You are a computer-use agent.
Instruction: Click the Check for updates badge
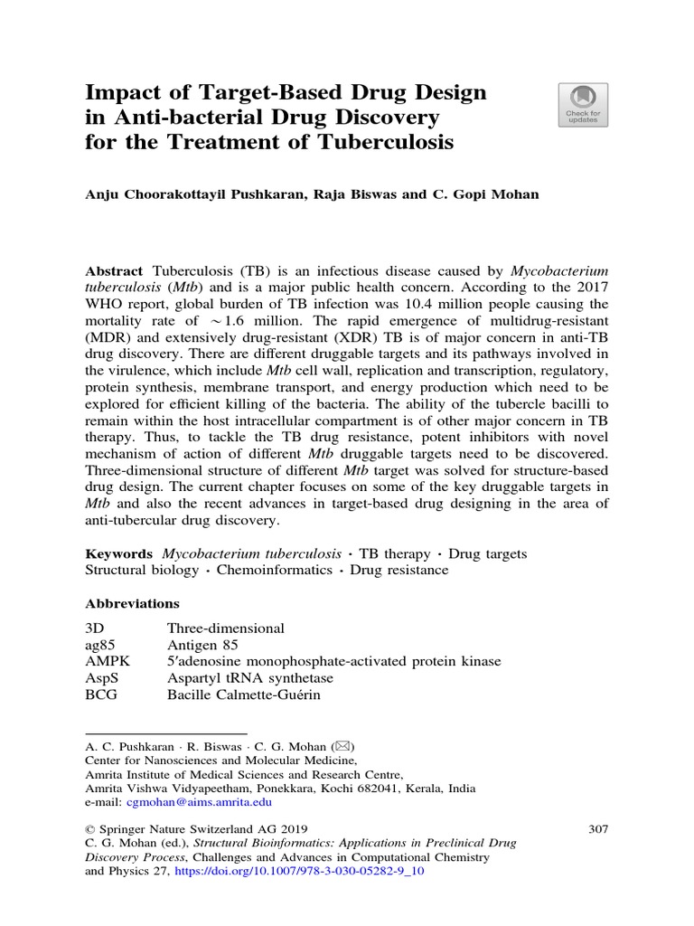(x=583, y=107)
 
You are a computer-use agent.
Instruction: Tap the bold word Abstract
(x=114, y=271)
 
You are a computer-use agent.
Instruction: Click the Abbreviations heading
(x=132, y=603)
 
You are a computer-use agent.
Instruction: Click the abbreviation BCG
(x=101, y=695)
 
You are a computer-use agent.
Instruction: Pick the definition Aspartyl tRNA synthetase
(x=250, y=678)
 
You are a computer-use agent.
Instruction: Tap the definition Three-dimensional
(x=226, y=628)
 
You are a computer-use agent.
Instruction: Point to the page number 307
(x=598, y=828)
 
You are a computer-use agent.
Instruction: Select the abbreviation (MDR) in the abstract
(x=108, y=337)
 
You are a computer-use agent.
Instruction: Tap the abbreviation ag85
(x=99, y=645)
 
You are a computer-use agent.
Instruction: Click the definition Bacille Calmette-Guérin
(x=244, y=695)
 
